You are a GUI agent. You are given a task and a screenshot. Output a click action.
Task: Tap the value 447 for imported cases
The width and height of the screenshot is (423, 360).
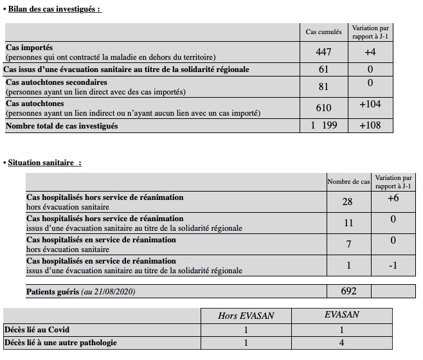pyautogui.click(x=323, y=52)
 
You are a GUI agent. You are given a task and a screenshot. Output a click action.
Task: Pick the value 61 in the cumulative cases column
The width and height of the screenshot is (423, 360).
pyautogui.click(x=323, y=69)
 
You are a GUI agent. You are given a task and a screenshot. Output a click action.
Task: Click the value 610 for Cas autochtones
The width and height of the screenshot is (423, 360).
pyautogui.click(x=323, y=108)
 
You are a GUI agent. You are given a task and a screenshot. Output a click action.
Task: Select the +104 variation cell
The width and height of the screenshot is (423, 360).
pyautogui.click(x=370, y=104)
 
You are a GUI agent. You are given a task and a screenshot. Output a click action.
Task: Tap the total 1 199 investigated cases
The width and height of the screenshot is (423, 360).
pyautogui.click(x=323, y=125)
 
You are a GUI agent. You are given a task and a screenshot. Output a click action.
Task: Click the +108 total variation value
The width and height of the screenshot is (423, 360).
pyautogui.click(x=370, y=125)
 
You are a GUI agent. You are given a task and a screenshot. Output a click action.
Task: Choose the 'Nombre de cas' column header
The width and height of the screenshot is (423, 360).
pyautogui.click(x=348, y=182)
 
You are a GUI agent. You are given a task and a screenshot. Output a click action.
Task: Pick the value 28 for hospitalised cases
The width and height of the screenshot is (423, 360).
pyautogui.click(x=348, y=202)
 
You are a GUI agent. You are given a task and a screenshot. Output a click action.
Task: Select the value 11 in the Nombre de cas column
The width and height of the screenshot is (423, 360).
pyautogui.click(x=348, y=223)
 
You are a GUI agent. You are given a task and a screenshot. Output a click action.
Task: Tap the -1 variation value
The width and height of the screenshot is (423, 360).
pyautogui.click(x=393, y=265)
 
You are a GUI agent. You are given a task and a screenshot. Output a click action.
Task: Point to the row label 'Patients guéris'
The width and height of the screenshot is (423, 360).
pyautogui.click(x=53, y=292)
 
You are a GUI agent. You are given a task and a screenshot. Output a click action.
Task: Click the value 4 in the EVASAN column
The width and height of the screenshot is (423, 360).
pyautogui.click(x=341, y=342)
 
